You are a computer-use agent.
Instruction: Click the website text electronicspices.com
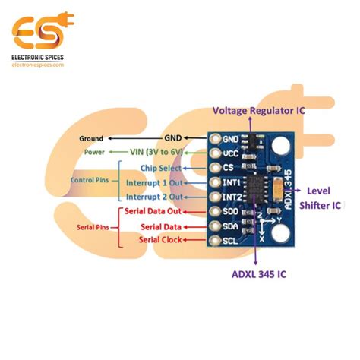[x=37, y=65]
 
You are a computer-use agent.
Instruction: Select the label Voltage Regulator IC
[x=259, y=110]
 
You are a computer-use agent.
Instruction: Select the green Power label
[x=96, y=153]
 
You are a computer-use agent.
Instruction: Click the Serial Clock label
[x=160, y=240]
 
